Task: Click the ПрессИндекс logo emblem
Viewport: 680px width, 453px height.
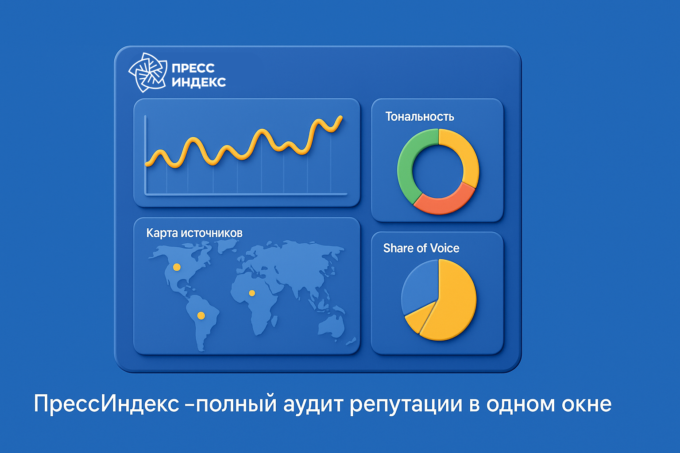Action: tap(147, 73)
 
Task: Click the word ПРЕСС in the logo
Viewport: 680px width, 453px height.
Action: tap(193, 68)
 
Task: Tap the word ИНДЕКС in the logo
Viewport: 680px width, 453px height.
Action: tap(198, 82)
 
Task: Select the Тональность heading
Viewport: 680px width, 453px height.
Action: tap(419, 116)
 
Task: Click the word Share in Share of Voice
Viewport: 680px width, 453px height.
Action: tap(398, 248)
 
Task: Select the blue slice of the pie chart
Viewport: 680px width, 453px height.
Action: tap(418, 283)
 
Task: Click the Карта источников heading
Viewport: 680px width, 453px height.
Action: tap(194, 233)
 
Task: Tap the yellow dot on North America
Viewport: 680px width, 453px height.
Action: tap(177, 267)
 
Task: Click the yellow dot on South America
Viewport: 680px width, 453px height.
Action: tap(201, 315)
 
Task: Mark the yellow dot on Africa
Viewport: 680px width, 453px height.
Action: tap(252, 293)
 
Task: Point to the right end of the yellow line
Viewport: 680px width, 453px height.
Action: tap(340, 118)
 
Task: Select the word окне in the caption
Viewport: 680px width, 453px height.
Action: tap(586, 403)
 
